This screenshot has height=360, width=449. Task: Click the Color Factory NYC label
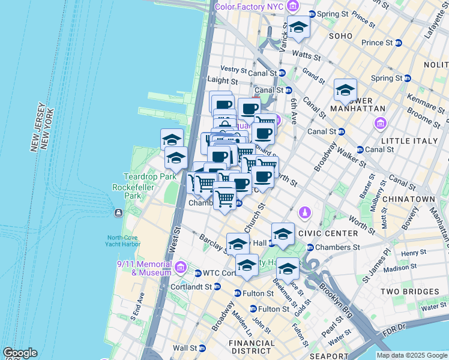pyautogui.click(x=249, y=7)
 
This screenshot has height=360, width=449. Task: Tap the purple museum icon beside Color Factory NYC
pyautogui.click(x=293, y=7)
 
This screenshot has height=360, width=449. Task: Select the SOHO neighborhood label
pyautogui.click(x=340, y=36)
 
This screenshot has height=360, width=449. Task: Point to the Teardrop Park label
pyautogui.click(x=142, y=176)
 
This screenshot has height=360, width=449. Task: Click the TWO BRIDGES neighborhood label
pyautogui.click(x=410, y=292)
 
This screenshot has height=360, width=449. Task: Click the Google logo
pyautogui.click(x=19, y=353)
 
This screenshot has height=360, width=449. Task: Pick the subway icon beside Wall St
pyautogui.click(x=202, y=348)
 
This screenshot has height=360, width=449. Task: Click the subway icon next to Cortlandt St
pyautogui.click(x=217, y=287)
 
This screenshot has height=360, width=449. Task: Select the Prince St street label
pyautogui.click(x=377, y=43)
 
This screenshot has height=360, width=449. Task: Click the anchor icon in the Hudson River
pyautogui.click(x=118, y=213)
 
